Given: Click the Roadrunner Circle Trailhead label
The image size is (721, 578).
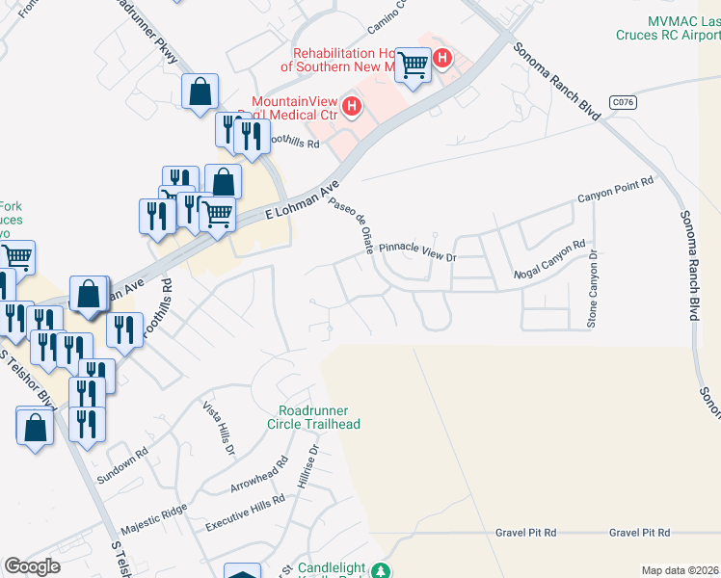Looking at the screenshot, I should pyautogui.click(x=319, y=417).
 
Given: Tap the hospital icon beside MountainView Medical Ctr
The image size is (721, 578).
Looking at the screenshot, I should pyautogui.click(x=352, y=106).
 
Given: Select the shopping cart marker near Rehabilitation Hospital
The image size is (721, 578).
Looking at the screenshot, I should pyautogui.click(x=414, y=66).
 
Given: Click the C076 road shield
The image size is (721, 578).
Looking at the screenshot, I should pyautogui.click(x=622, y=100).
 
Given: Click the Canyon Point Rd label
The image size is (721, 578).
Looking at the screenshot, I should pyautogui.click(x=615, y=190).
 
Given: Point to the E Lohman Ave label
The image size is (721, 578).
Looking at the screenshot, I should pyautogui.click(x=303, y=202).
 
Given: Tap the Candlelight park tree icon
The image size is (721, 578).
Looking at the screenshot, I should pyautogui.click(x=383, y=570).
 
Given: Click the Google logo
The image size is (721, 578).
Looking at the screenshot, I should pyautogui.click(x=33, y=566).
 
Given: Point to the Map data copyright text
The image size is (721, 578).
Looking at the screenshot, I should pyautogui.click(x=681, y=570).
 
